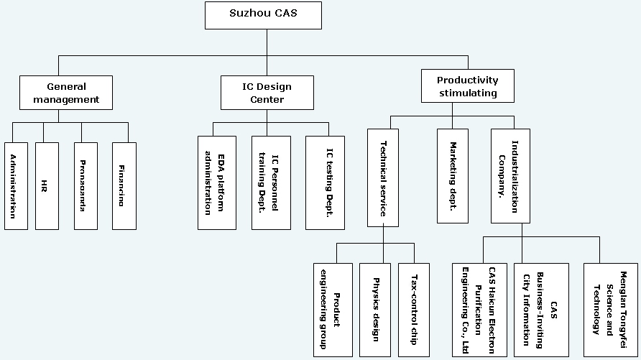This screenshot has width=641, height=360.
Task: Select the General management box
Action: (x=66, y=93)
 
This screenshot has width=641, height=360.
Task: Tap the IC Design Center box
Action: (x=267, y=93)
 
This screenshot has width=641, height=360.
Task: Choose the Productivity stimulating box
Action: (x=467, y=86)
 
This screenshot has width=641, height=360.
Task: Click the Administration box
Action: (x=16, y=185)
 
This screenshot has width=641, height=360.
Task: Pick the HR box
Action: (x=47, y=185)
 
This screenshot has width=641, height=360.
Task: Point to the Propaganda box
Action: (x=86, y=185)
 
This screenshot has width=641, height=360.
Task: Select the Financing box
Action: (x=124, y=185)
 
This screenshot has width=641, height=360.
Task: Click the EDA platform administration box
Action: (x=217, y=183)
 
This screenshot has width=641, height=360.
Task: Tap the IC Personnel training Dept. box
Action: (x=271, y=183)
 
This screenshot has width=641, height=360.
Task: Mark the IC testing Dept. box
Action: (x=325, y=183)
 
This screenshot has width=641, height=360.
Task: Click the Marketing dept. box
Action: (x=453, y=176)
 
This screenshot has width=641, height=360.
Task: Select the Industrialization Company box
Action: (x=510, y=176)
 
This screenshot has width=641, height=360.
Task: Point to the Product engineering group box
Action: (x=333, y=310)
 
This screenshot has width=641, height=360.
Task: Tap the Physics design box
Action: (x=376, y=310)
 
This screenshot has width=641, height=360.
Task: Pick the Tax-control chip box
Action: (x=413, y=310)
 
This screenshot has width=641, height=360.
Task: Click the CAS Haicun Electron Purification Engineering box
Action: (x=479, y=310)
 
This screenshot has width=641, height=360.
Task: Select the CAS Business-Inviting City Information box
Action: (x=541, y=310)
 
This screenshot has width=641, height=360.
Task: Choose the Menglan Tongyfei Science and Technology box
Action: (x=610, y=310)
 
